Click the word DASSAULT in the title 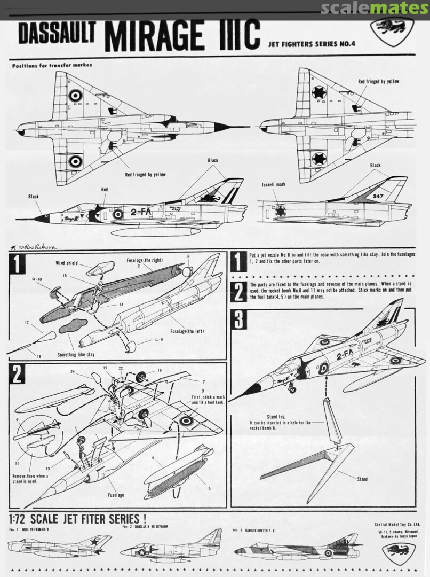57,34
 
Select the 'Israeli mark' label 274,184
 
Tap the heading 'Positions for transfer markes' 52,65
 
